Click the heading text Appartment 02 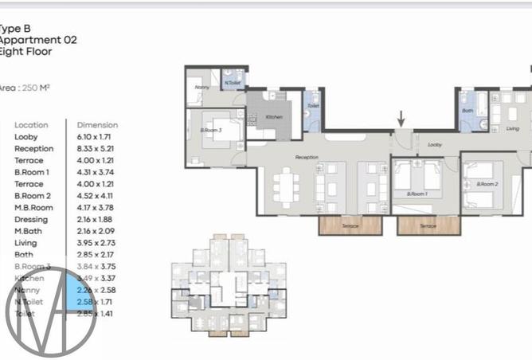[38, 39]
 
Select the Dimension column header [97, 125]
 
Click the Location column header [31, 125]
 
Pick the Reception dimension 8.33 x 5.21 [97, 148]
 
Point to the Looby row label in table [26, 137]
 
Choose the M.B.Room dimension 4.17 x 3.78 [97, 208]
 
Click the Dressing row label [31, 220]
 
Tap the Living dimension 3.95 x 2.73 [97, 243]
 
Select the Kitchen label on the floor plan [274, 117]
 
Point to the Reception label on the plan [307, 158]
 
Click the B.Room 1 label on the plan [417, 194]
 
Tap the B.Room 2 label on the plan [487, 184]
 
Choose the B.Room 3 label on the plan [210, 130]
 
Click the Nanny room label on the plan [203, 88]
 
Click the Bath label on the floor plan [467, 111]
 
